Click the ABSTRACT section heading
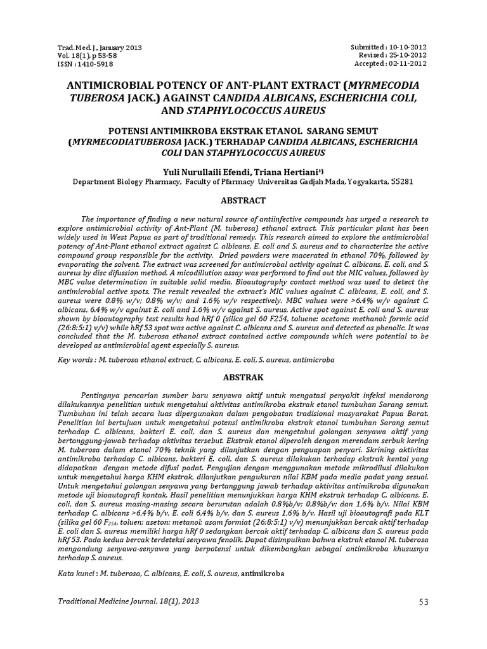tap(242, 200)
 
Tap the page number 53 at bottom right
tap(424, 600)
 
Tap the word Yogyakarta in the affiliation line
tap(365, 181)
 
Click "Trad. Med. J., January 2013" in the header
tap(100, 48)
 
